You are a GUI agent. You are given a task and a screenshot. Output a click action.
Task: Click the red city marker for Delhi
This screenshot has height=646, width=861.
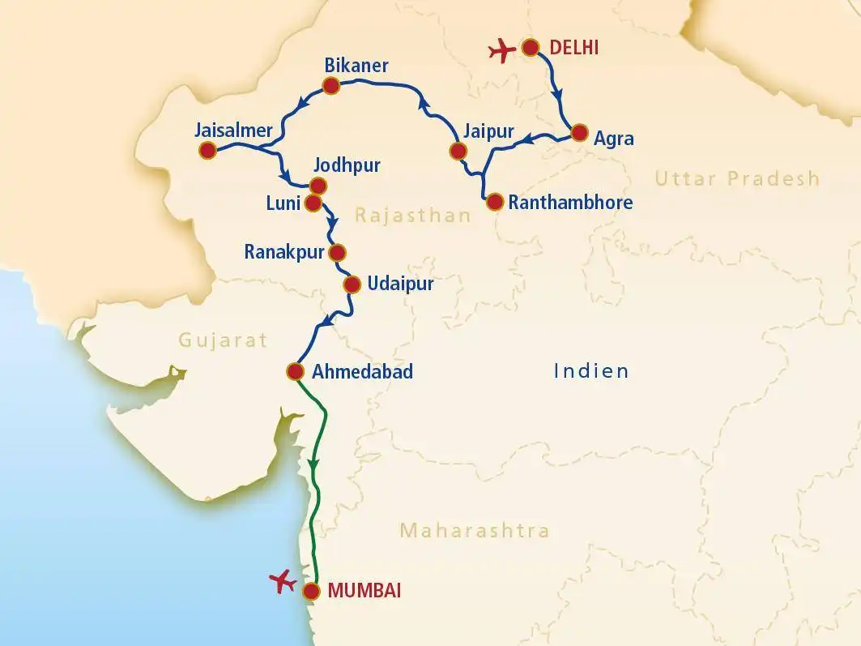click(x=531, y=48)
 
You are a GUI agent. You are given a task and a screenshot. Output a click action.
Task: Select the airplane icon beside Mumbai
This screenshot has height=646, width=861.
click(x=283, y=581)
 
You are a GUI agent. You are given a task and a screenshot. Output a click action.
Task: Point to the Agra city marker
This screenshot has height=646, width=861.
click(x=579, y=134)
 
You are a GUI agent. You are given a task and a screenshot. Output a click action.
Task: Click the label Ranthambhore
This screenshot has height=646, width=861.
click(x=570, y=203)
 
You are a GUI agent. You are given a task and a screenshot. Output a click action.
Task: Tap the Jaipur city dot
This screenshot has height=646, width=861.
click(x=458, y=151)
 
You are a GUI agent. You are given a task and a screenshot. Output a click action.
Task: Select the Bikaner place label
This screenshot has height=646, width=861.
click(x=356, y=65)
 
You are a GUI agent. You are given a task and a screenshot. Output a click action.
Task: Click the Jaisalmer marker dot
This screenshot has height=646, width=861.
click(x=207, y=150)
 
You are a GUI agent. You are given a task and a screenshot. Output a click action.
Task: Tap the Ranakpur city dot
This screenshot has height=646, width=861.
click(x=337, y=251)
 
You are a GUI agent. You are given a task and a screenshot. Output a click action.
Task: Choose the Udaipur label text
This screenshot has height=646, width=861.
click(x=400, y=284)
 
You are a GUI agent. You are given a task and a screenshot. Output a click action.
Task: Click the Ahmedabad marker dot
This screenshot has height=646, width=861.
click(x=295, y=372)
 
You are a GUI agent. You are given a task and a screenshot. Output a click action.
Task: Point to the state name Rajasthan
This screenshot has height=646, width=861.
click(x=412, y=216)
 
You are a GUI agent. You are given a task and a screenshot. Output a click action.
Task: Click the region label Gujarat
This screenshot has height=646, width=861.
click(x=224, y=340)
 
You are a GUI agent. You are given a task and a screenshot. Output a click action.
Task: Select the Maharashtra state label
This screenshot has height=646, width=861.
click(x=475, y=531)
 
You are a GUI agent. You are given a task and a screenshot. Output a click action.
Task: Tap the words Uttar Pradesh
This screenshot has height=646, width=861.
click(x=737, y=179)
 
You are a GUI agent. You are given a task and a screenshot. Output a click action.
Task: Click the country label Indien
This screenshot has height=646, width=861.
click(x=591, y=371)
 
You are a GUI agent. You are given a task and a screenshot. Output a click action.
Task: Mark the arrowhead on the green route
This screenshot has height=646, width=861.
click(x=313, y=464)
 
